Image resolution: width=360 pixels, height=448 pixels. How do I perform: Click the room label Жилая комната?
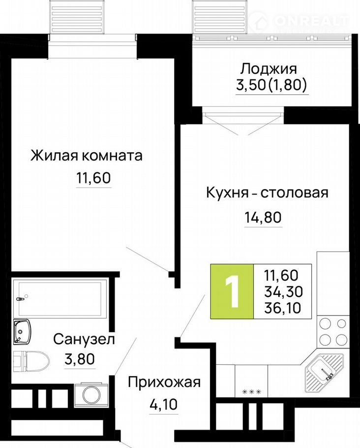click(87, 156)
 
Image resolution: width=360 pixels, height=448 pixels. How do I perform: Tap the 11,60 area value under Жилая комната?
click(93, 178)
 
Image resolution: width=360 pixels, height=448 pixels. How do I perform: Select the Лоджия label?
click(269, 68)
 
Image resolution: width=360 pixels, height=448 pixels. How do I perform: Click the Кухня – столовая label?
click(267, 193)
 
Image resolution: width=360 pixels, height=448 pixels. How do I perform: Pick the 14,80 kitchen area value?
click(263, 218)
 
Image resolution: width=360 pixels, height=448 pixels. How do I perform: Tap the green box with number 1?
click(232, 291)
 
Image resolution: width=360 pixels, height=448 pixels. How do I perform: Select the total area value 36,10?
click(283, 308)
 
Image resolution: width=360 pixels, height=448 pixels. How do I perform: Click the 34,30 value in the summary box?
click(283, 292)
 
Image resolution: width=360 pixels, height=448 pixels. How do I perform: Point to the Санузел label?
click(84, 339)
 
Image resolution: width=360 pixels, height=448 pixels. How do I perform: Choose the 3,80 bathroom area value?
click(80, 359)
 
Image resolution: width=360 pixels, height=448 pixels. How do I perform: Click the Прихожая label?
click(164, 383)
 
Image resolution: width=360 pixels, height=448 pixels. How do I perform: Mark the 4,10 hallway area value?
click(164, 404)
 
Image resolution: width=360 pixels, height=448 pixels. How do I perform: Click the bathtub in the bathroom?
click(60, 298)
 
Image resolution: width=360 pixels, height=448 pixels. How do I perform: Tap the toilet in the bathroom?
click(31, 361)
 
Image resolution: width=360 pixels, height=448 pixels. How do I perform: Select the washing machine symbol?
click(91, 395)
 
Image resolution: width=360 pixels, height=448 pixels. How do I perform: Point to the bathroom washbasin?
click(22, 331)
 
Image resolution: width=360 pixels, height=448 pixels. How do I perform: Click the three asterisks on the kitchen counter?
click(251, 392)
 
